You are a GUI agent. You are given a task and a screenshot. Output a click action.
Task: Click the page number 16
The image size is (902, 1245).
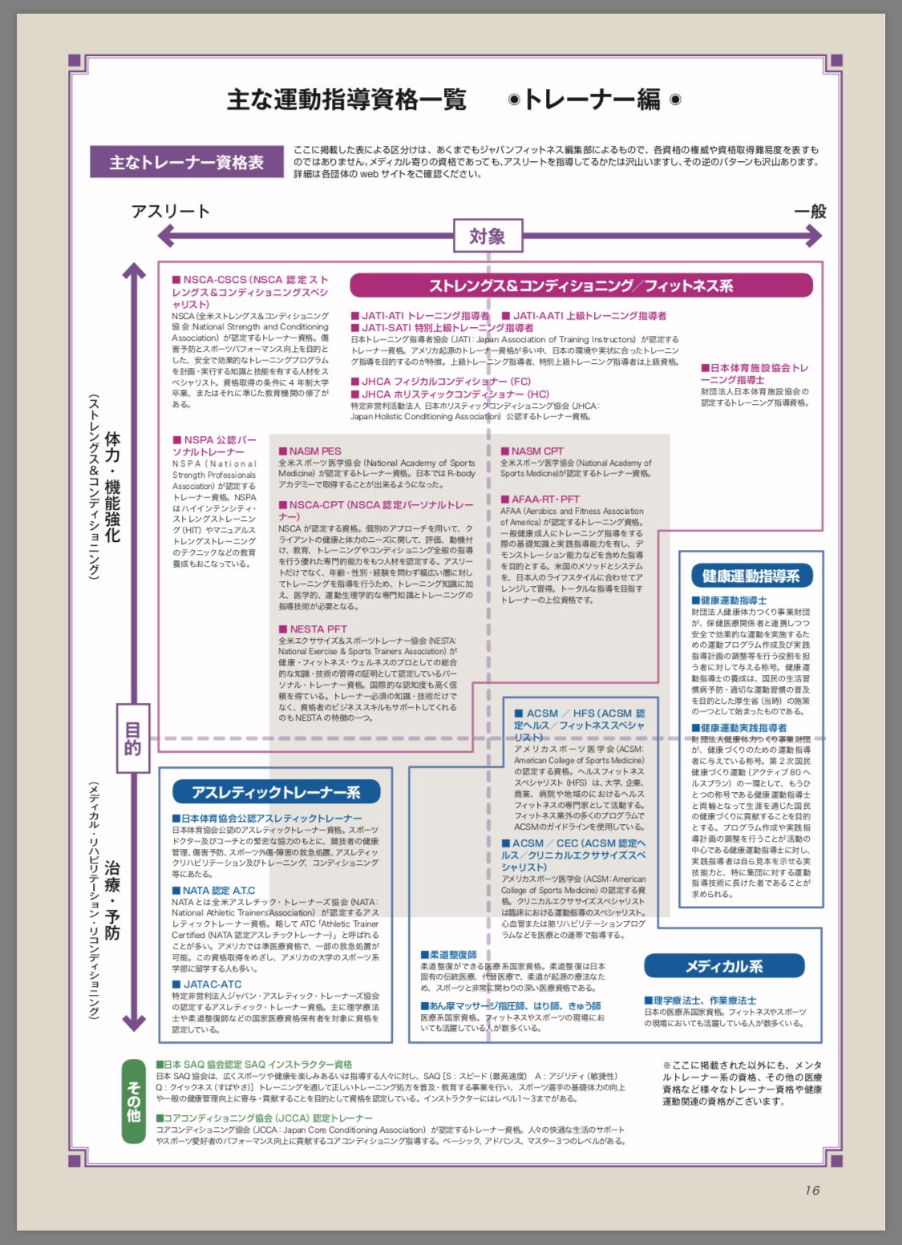pyautogui.click(x=811, y=1190)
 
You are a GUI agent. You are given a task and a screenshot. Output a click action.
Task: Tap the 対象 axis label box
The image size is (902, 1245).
pyautogui.click(x=487, y=236)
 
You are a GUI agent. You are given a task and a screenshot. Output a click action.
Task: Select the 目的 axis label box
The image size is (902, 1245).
pyautogui.click(x=132, y=738)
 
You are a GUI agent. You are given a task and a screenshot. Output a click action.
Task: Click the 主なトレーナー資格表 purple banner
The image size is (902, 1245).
pyautogui.click(x=186, y=162)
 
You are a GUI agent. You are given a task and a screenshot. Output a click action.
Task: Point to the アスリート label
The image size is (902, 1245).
pyautogui.click(x=171, y=212)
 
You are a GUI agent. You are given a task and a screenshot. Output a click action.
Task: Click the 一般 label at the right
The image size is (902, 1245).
pyautogui.click(x=811, y=212)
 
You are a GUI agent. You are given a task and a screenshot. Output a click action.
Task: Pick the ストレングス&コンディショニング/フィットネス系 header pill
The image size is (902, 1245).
pyautogui.click(x=580, y=285)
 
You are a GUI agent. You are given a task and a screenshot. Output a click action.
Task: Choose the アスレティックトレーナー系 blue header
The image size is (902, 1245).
pyautogui.click(x=276, y=792)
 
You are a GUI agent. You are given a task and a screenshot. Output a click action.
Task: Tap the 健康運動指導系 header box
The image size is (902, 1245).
pyautogui.click(x=750, y=576)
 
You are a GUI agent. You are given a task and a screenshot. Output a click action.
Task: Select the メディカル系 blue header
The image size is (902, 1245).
pyautogui.click(x=723, y=966)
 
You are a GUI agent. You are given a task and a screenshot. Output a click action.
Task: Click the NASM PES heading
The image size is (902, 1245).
pyautogui.click(x=310, y=451)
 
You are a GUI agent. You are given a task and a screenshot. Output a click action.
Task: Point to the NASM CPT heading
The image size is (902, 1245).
pyautogui.click(x=532, y=451)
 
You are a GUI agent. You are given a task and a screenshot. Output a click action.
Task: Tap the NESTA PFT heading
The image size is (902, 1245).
pyautogui.click(x=313, y=629)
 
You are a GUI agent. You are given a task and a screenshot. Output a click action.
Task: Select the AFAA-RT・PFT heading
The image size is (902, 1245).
pyautogui.click(x=540, y=499)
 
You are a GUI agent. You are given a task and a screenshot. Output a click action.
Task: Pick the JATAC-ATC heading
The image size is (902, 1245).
pyautogui.click(x=207, y=984)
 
